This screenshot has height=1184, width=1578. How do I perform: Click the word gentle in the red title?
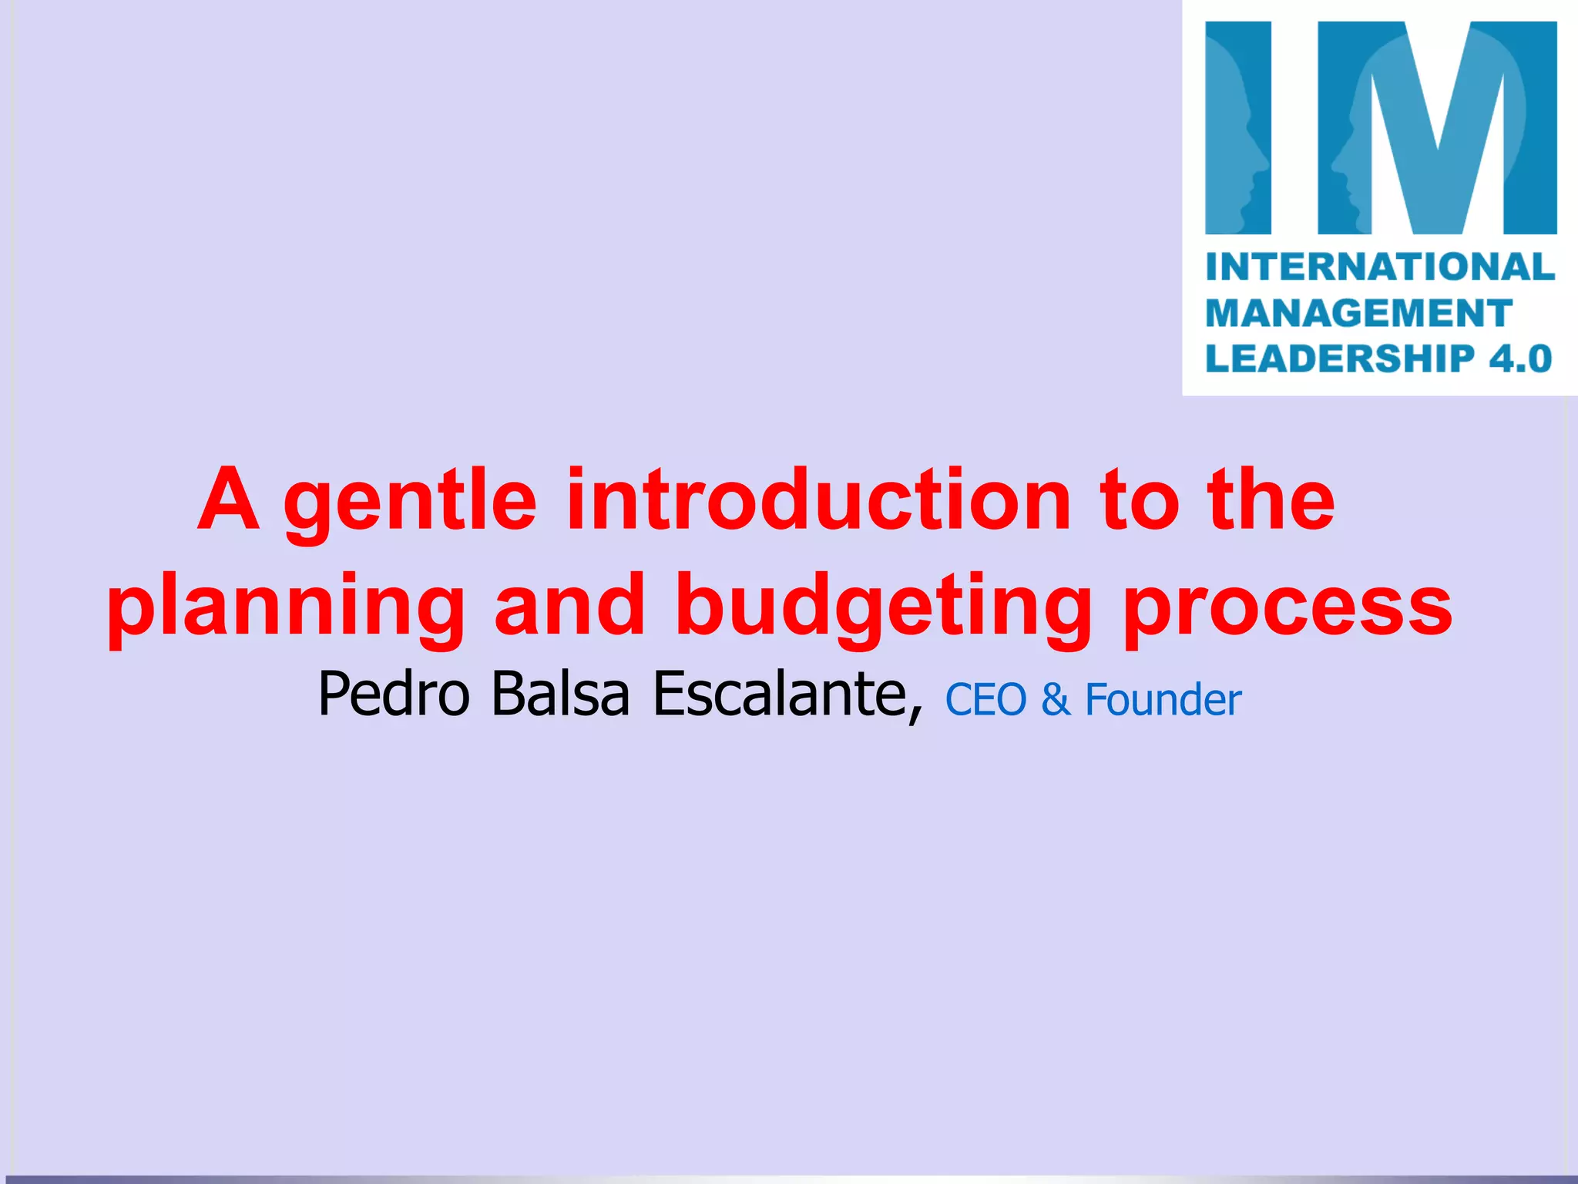tap(410, 503)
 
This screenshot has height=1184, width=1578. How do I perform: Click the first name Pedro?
tap(394, 694)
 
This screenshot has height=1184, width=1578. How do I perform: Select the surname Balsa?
tap(561, 694)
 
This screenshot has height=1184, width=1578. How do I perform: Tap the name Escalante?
tap(786, 694)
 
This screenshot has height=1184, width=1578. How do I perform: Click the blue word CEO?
tap(985, 700)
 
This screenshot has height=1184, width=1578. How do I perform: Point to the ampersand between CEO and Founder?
tap(1056, 700)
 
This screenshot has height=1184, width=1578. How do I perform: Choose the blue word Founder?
tap(1163, 700)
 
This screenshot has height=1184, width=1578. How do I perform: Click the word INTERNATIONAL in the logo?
tap(1380, 267)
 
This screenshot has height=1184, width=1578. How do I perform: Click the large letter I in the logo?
tap(1238, 128)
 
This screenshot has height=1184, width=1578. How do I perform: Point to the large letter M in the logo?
tap(1437, 128)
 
